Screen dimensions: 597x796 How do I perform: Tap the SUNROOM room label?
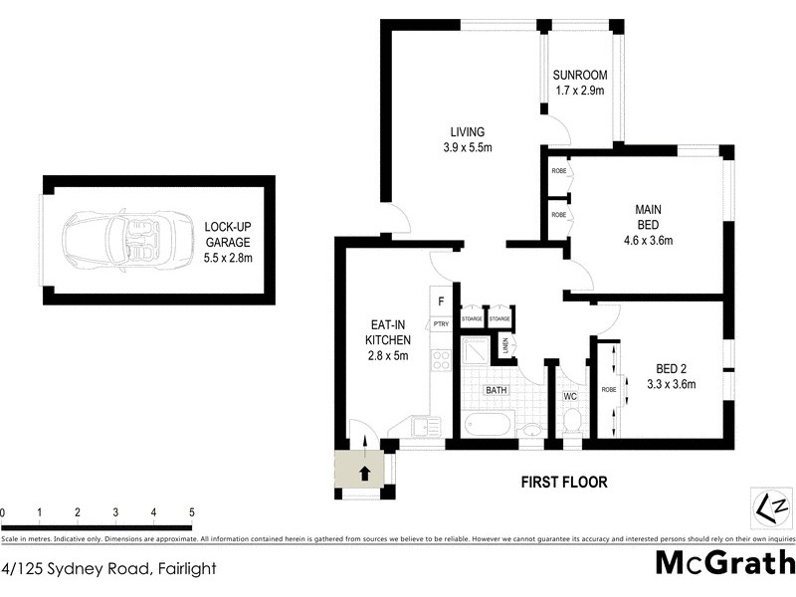click(x=580, y=76)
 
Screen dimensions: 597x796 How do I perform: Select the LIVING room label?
click(x=466, y=131)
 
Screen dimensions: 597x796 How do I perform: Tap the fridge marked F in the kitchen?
click(x=440, y=299)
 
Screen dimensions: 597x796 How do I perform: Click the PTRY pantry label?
click(x=440, y=324)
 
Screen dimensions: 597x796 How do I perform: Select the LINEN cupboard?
click(x=505, y=346)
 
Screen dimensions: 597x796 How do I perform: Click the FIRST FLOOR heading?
click(x=564, y=483)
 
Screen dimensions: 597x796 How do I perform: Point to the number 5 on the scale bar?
click(x=191, y=512)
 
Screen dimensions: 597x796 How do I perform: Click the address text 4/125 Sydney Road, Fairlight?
click(x=108, y=570)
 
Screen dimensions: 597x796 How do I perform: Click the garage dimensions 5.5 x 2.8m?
click(x=228, y=257)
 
